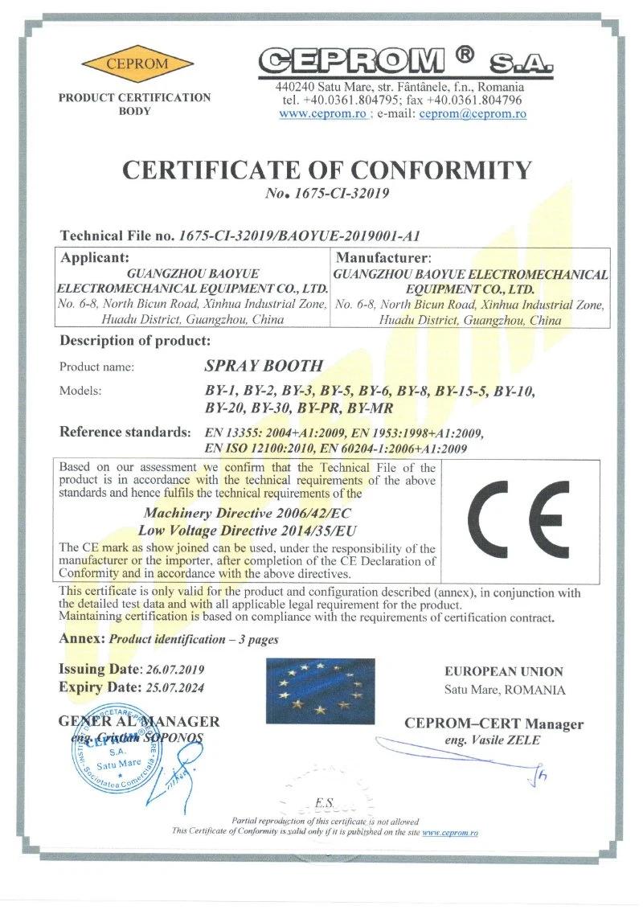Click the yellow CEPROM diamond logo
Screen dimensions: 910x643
[137, 64]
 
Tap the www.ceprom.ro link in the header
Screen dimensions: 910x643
[323, 114]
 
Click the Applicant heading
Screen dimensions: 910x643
[94, 258]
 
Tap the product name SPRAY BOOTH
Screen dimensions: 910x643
[264, 365]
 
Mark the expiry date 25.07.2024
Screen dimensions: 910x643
[173, 687]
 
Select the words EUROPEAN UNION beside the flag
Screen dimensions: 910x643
[504, 671]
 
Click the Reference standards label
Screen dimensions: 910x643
[125, 432]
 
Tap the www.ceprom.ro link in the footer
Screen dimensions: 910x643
[449, 833]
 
